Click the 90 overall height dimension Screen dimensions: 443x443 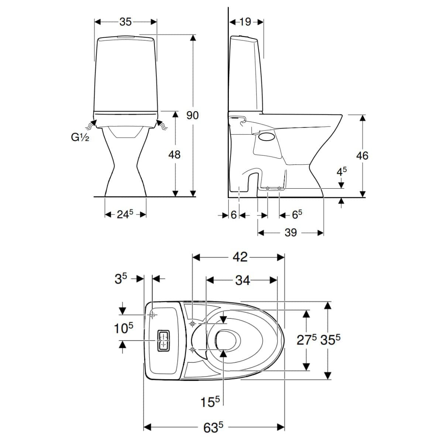[x=192, y=116]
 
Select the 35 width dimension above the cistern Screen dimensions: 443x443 [x=126, y=22]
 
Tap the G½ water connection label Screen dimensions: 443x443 [x=80, y=137]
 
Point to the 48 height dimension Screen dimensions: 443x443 [x=175, y=154]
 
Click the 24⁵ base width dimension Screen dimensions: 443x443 [x=125, y=214]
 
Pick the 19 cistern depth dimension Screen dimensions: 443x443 [x=245, y=22]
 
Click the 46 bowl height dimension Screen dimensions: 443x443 [x=362, y=156]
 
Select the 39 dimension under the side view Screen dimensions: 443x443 [x=291, y=233]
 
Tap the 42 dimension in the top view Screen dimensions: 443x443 [x=240, y=257]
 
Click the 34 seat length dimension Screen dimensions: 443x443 [x=243, y=280]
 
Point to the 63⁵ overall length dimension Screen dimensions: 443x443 [x=213, y=427]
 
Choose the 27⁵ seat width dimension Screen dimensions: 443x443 [x=306, y=340]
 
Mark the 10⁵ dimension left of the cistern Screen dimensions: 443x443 [x=124, y=328]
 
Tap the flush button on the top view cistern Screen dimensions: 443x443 [x=164, y=341]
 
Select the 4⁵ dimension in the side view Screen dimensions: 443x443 [x=341, y=172]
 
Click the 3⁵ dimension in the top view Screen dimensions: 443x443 [x=121, y=279]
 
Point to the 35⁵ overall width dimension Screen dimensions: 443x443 [x=330, y=340]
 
